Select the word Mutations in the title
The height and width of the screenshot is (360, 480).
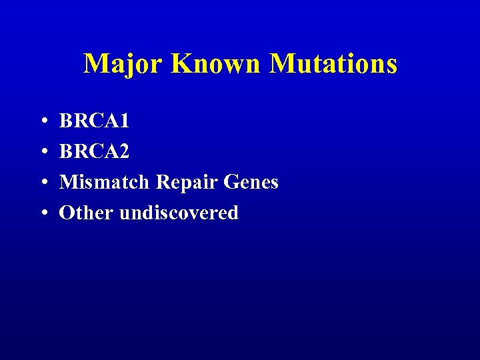pos(333,64)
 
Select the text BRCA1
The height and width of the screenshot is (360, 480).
pos(94,121)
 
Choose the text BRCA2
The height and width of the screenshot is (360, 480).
pos(94,152)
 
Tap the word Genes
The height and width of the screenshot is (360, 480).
pos(251,182)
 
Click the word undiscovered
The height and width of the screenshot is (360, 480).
pos(178,213)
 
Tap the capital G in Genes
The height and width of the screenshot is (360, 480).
pos(232,182)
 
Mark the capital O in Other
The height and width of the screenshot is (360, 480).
pos(67,213)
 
